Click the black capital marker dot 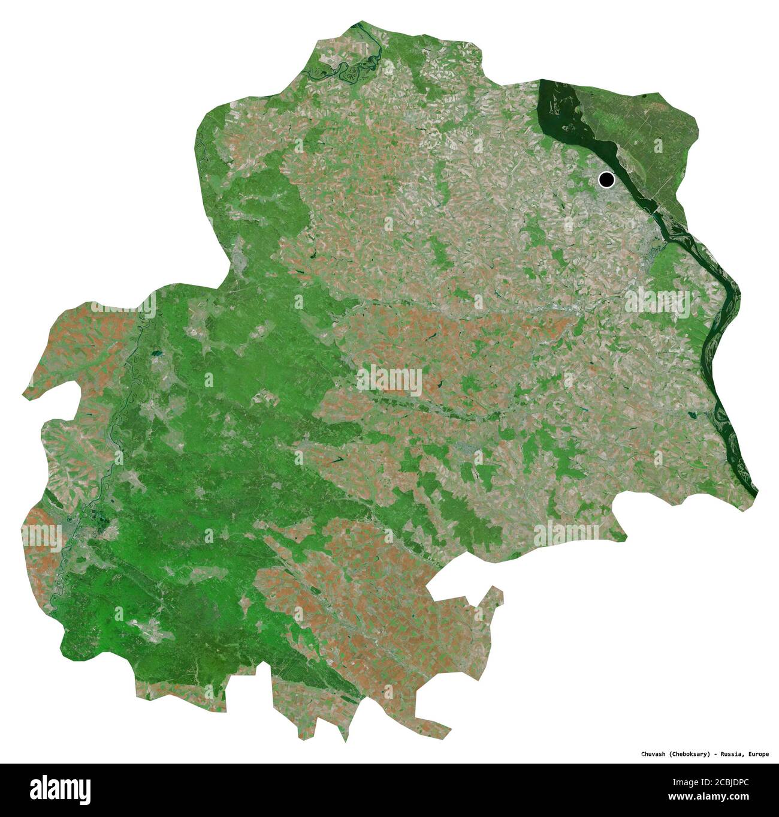[x=606, y=179]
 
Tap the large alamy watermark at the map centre [x=389, y=380]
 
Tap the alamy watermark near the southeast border [x=566, y=533]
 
